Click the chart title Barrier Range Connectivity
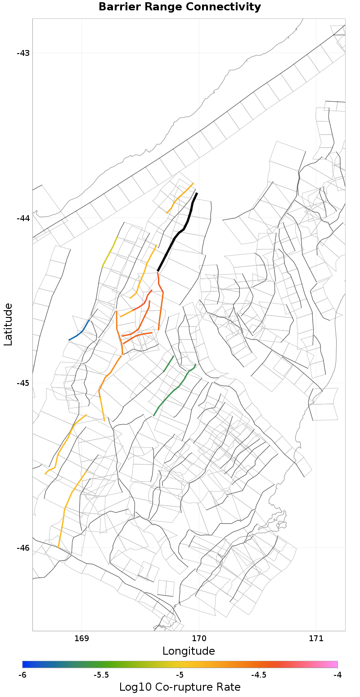tap(180, 7)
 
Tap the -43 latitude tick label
tap(23, 53)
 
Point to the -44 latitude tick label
tap(23, 218)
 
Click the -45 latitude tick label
tap(23, 383)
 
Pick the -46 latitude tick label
tap(23, 548)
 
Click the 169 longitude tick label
tap(81, 639)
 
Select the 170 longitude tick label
tap(199, 639)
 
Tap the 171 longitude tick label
tap(316, 639)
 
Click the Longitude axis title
tap(189, 651)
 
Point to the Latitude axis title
tap(8, 324)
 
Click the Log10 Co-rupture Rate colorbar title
tap(180, 687)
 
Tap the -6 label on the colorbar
tap(22, 675)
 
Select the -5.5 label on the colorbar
tap(101, 675)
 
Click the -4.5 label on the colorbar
tap(258, 675)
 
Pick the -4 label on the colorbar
tap(337, 675)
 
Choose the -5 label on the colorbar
tap(180, 675)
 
